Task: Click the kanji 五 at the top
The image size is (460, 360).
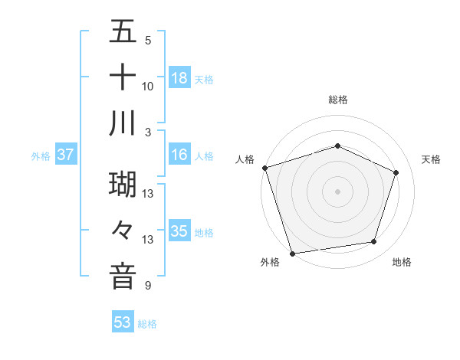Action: (123, 34)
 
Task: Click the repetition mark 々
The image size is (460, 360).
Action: (123, 231)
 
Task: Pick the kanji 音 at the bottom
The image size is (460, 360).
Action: (123, 276)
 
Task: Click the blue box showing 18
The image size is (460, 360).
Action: (179, 77)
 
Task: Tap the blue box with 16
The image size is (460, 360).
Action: (179, 155)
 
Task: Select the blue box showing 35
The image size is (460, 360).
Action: (179, 231)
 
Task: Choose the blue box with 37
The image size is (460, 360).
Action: (66, 155)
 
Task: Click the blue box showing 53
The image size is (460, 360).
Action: (122, 322)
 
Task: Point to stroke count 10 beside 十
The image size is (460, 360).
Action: (148, 86)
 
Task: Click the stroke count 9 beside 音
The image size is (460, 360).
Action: (148, 286)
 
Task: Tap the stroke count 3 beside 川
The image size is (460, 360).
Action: (148, 131)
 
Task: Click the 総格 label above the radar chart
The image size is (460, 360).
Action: (337, 100)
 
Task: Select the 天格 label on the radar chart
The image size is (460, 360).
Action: (431, 159)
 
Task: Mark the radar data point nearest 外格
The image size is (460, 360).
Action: (292, 253)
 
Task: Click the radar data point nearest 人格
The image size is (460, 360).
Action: (264, 168)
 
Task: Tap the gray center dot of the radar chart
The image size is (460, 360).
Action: (337, 191)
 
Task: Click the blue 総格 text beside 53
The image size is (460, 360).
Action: (147, 323)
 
